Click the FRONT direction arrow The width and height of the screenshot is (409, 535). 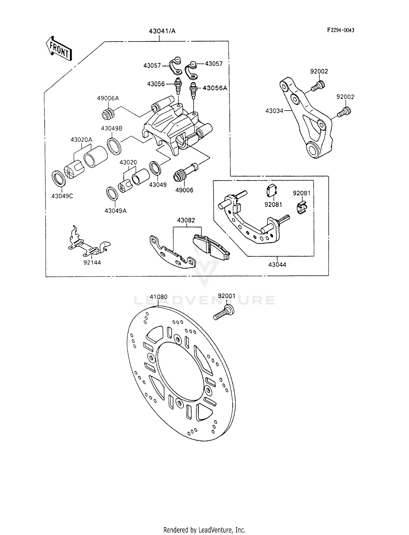[59, 49]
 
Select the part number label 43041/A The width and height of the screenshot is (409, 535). [162, 31]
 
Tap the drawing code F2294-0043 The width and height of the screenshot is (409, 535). [341, 30]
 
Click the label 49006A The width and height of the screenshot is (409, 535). [108, 98]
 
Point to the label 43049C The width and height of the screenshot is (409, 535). [62, 196]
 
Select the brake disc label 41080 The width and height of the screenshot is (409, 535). [158, 297]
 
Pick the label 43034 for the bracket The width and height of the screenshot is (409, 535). [274, 111]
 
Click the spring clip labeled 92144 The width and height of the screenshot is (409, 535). [89, 242]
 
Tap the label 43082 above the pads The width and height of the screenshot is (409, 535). [186, 220]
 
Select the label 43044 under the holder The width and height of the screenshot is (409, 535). [277, 265]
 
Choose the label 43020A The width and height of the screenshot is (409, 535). [81, 140]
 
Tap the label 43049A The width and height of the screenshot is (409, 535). [116, 211]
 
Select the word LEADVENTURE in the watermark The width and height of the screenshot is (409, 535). [204, 300]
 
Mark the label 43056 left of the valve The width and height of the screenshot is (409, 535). [156, 84]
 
